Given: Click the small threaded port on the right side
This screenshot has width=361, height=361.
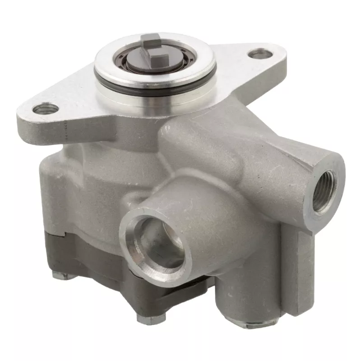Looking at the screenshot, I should coord(324,189).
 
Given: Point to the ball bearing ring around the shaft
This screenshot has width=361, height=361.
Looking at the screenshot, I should coord(135,64).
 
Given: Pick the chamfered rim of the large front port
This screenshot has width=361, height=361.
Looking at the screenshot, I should coord(131,226).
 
